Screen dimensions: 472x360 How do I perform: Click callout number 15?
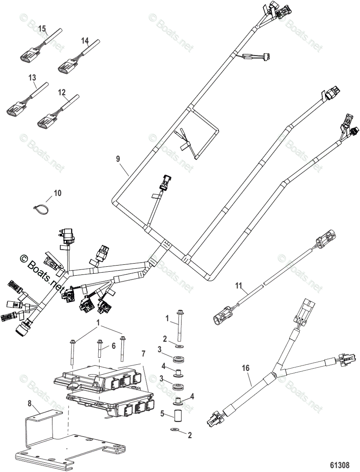[x=42, y=28]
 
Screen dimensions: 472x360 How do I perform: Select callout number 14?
[x=85, y=41]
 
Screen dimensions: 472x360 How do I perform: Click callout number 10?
[x=57, y=193]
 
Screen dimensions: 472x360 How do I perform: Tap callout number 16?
[x=246, y=368]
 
